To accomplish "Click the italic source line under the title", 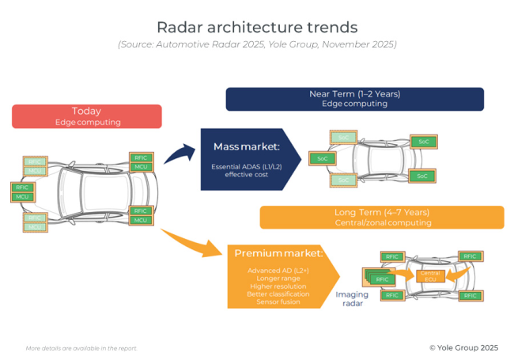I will click(x=257, y=44).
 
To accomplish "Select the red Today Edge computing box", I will click(x=87, y=116).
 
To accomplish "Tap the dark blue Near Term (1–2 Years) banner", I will click(x=354, y=99).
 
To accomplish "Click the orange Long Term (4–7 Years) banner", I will click(x=382, y=218).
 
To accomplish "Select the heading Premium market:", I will click(x=278, y=253).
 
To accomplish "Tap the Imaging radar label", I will click(x=352, y=298).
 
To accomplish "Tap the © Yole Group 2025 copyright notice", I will click(x=463, y=347).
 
